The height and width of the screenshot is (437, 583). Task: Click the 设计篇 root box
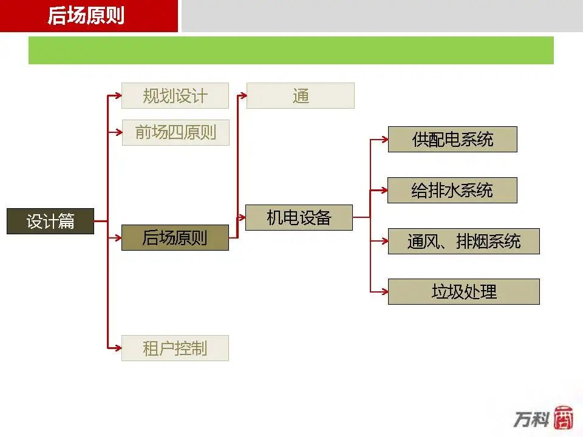[50, 221]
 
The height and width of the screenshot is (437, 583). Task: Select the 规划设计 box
[175, 96]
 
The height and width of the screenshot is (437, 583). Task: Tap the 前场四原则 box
[176, 132]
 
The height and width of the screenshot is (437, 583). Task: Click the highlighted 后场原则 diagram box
[175, 237]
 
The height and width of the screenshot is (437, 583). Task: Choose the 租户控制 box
[175, 348]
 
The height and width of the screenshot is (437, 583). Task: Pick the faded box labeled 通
[301, 96]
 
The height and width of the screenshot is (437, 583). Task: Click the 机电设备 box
[299, 217]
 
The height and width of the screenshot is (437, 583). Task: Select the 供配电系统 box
[452, 140]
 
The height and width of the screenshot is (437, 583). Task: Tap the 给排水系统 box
[452, 190]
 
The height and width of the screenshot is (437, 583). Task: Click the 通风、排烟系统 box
[463, 241]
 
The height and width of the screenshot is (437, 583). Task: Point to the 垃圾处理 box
[463, 292]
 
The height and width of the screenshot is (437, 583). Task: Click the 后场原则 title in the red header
[86, 16]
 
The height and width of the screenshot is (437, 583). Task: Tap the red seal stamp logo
[564, 418]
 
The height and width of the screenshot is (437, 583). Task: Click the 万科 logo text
[532, 419]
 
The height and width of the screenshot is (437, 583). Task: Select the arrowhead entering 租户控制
[118, 348]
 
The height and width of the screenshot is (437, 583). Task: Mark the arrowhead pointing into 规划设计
[118, 96]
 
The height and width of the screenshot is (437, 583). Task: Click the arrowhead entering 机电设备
[242, 217]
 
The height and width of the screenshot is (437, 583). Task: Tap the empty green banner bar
[291, 50]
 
